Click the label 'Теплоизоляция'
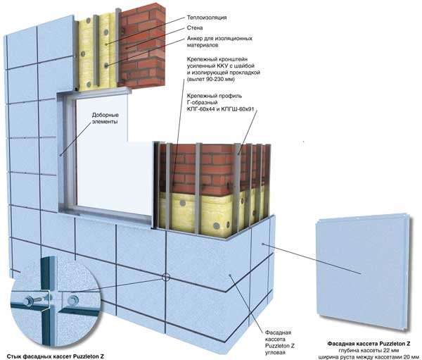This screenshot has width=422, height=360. pos(207,18)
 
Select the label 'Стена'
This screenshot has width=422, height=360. pos(195,27)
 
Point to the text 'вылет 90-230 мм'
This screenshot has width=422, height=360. pos(212,80)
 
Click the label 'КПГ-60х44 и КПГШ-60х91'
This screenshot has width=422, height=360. pos(221,109)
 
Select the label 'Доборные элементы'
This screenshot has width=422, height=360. pos(105,118)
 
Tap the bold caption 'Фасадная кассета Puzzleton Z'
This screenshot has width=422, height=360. pos(369,344)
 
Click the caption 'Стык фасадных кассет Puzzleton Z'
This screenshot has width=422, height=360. pos(56,356)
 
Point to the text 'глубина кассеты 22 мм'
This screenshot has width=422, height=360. pos(369,350)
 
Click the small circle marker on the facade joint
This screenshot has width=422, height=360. pos(165,277)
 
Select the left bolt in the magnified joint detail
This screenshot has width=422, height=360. pos(28,300)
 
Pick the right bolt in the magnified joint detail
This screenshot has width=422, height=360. pos(73,300)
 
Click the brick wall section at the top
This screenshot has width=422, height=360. pos(142,44)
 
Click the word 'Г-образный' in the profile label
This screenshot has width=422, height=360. pos(202,102)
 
